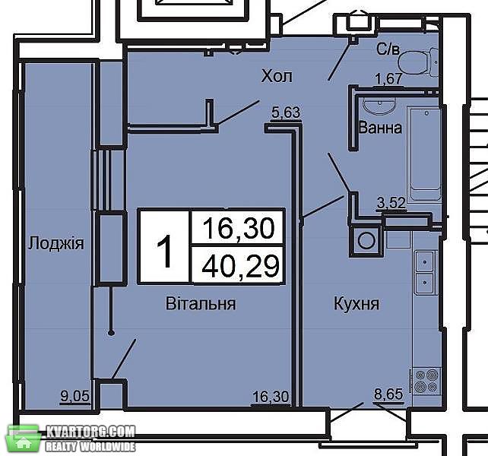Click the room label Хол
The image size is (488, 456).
[277, 76]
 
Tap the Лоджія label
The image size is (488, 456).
[56, 243]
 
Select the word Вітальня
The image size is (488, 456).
[201, 303]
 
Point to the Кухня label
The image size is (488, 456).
[356, 303]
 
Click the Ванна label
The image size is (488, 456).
[380, 128]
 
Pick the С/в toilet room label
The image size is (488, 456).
[388, 49]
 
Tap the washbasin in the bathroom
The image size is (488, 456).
[379, 106]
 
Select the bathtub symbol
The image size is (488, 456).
[426, 155]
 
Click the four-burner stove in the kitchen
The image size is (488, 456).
[426, 382]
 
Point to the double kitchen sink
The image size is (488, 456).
[425, 272]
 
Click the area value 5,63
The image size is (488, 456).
[286, 112]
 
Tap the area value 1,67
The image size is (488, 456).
[389, 78]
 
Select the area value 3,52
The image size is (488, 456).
[391, 203]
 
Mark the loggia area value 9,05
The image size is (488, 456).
[75, 397]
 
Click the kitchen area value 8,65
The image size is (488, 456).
[388, 394]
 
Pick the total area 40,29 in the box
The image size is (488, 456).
[239, 266]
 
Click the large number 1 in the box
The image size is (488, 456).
[164, 252]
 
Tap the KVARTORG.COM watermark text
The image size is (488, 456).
[90, 432]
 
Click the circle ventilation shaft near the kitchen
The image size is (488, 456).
[366, 241]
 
